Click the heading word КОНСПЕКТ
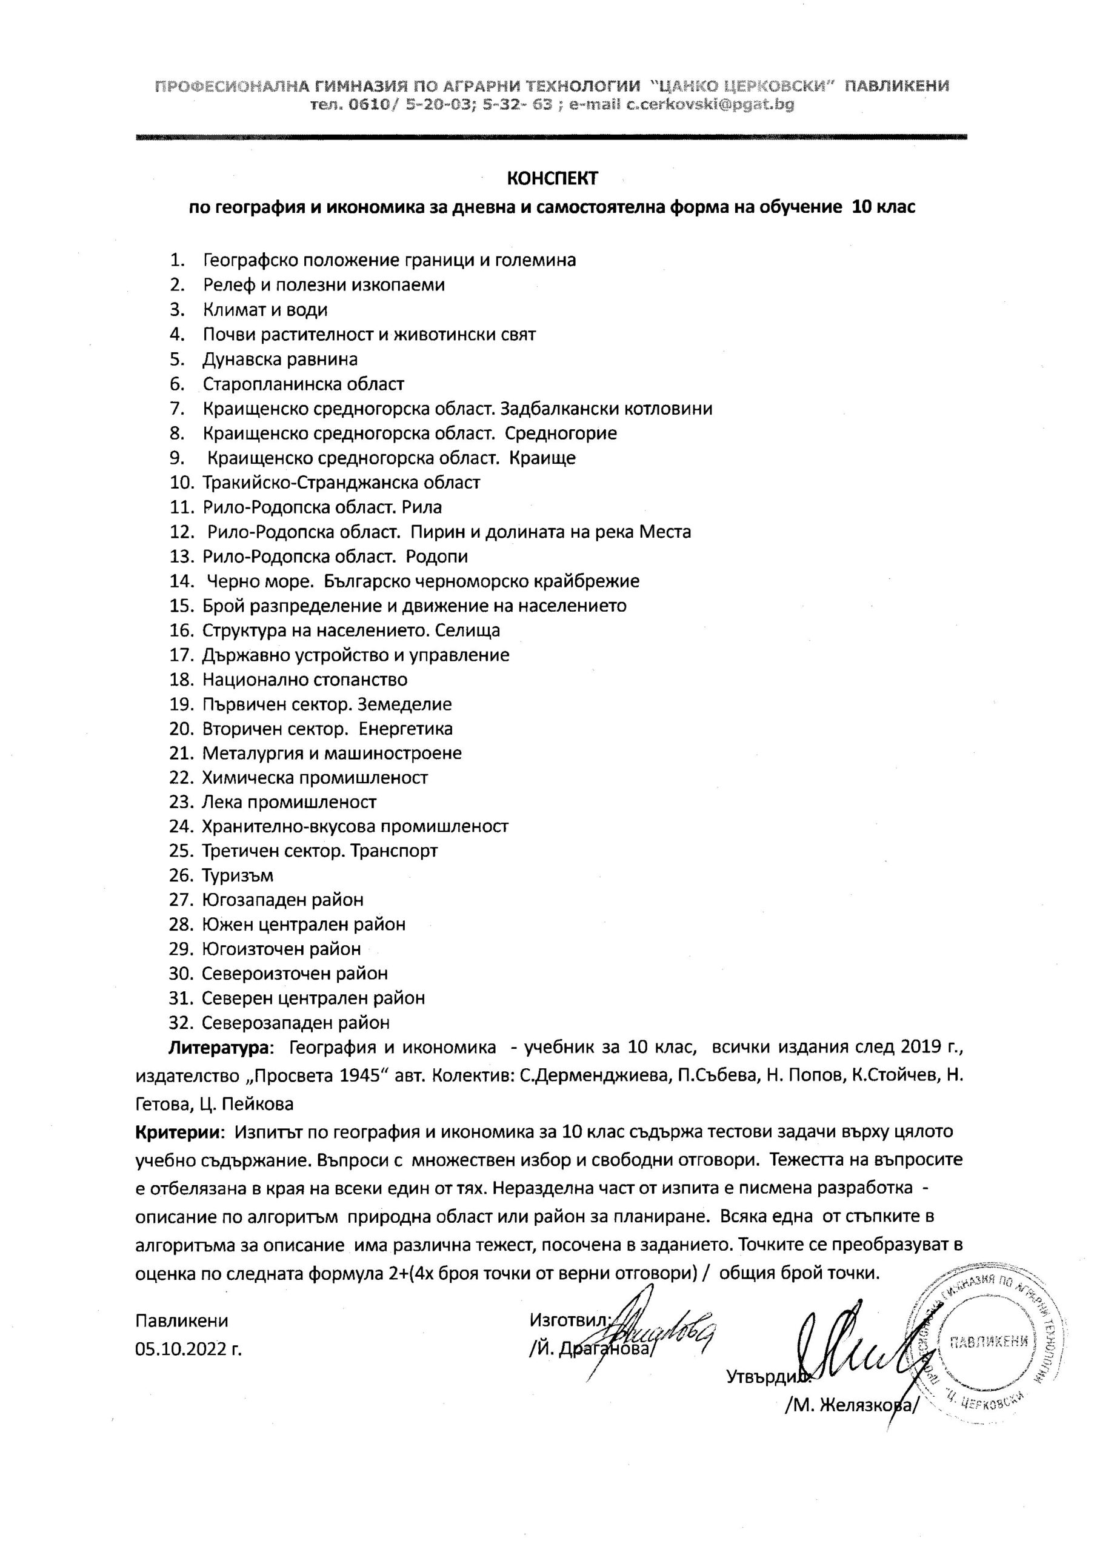[552, 178]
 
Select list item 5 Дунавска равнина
[280, 360]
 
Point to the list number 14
[182, 581]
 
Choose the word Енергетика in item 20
[405, 729]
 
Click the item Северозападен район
[295, 1023]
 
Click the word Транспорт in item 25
[393, 851]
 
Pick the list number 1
[178, 260]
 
